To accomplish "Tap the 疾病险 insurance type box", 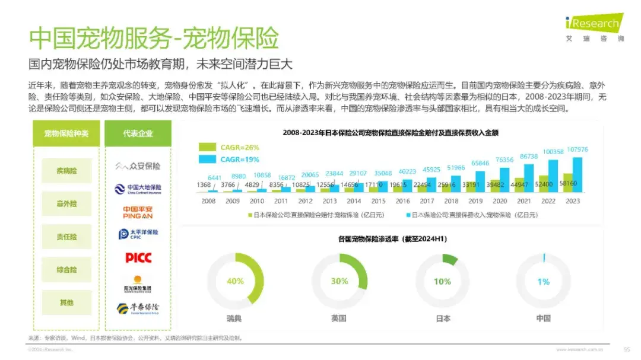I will click(66, 171).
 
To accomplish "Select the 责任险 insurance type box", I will click(66, 237).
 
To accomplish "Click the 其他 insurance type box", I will click(66, 302).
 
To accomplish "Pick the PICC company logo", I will click(138, 257).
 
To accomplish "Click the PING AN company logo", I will click(138, 212).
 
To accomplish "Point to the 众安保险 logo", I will click(138, 166).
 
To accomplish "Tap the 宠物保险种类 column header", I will click(66, 133).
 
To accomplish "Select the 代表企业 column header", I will click(138, 133).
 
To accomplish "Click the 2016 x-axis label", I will click(402, 201).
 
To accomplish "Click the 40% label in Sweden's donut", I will click(235, 281).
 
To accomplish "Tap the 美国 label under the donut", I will click(339, 318).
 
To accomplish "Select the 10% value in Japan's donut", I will click(442, 281).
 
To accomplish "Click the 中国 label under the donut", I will click(543, 318).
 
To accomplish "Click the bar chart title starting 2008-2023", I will click(390, 133).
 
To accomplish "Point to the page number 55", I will click(626, 349).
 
